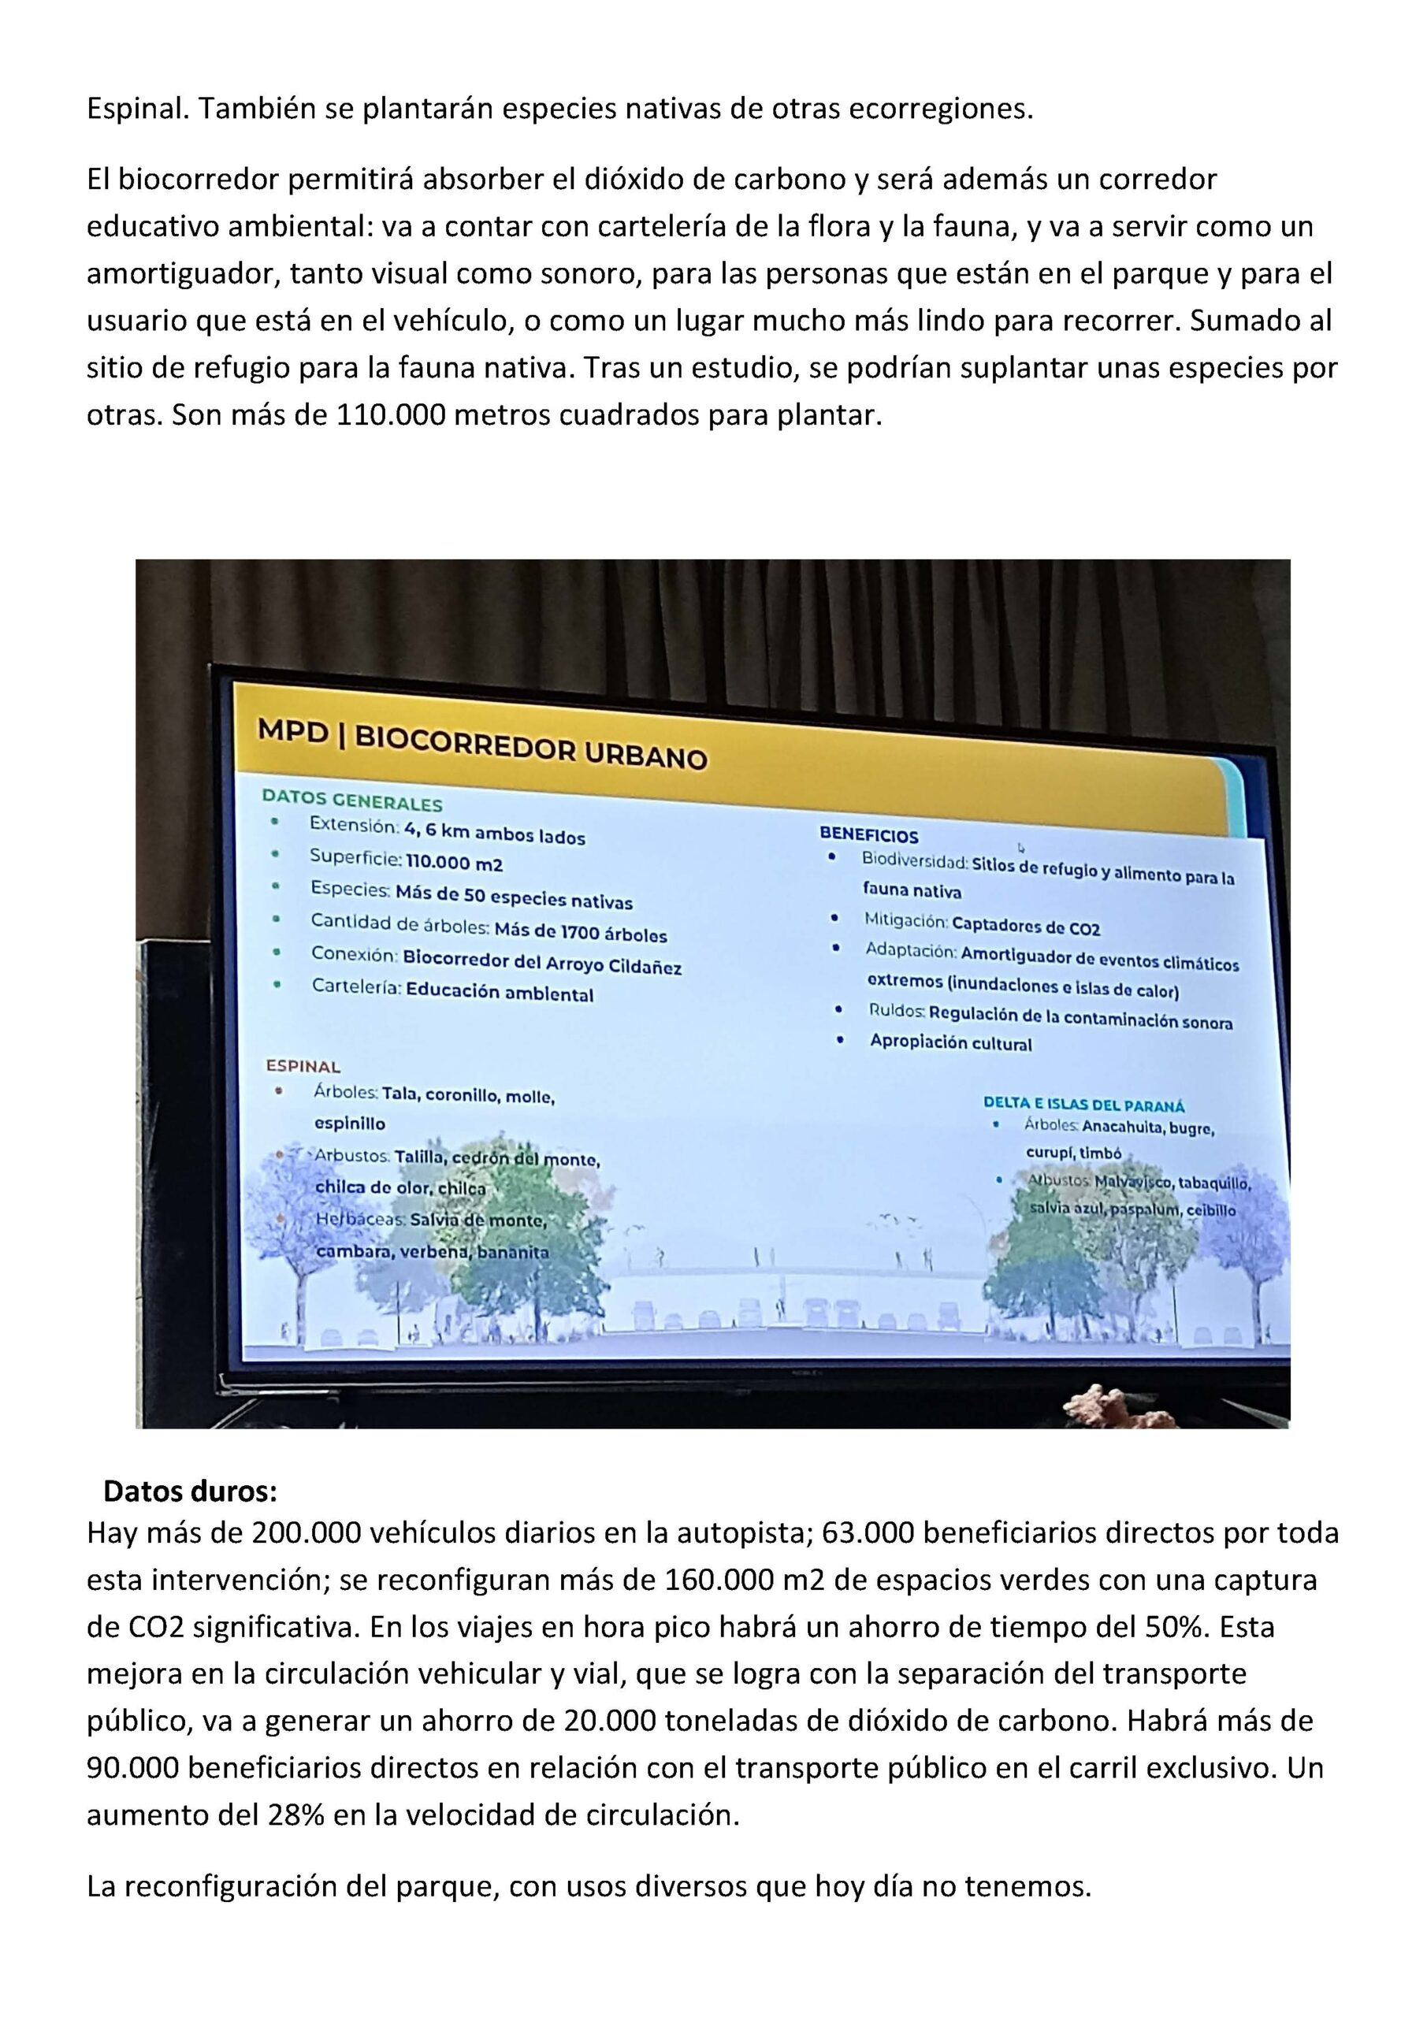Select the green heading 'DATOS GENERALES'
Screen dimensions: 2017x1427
pos(351,802)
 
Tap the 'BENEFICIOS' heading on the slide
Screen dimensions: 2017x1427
pos(868,835)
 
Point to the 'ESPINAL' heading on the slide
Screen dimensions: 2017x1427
pos(303,1067)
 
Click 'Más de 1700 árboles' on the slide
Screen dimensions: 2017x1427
pos(580,932)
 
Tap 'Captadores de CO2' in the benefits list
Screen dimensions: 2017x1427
pos(1025,927)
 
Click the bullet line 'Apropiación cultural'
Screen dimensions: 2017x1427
pos(951,1042)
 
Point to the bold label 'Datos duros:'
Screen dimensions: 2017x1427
pos(190,1491)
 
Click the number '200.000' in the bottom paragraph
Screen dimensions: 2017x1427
pos(307,1533)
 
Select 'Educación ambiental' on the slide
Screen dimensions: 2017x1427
pos(499,993)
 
